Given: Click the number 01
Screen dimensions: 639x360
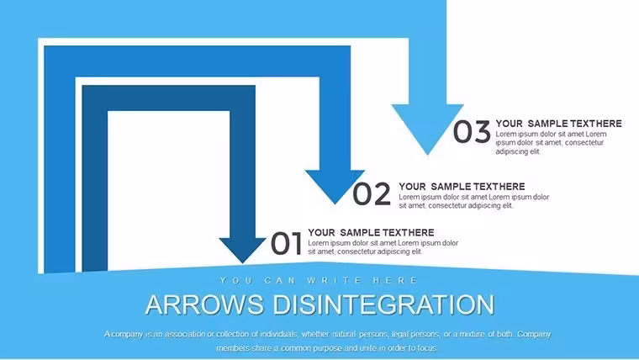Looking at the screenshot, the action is coord(286,243).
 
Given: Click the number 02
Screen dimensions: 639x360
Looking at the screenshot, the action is coord(372,193).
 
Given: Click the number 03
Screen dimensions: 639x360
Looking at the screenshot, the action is coord(472,132).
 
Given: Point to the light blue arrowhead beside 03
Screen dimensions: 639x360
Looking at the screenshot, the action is coord(427,127).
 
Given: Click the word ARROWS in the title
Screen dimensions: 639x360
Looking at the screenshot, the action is coord(204,304).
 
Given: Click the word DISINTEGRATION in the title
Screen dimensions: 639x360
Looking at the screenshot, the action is coord(383,304).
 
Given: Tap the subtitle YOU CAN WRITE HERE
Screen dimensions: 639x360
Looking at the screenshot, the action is coord(319,280).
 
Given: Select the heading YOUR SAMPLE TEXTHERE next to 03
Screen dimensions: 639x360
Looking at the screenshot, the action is coord(559,124).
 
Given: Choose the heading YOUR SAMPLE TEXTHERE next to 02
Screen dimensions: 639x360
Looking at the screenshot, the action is coord(462,187).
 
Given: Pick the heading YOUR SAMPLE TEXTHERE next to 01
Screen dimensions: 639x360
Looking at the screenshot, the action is coord(371,233).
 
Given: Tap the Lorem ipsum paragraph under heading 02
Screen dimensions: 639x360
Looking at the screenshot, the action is coord(474,201).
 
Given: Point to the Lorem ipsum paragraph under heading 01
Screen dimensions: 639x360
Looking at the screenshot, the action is coord(383,247).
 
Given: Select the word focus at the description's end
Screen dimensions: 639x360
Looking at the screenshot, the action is coord(427,348).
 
